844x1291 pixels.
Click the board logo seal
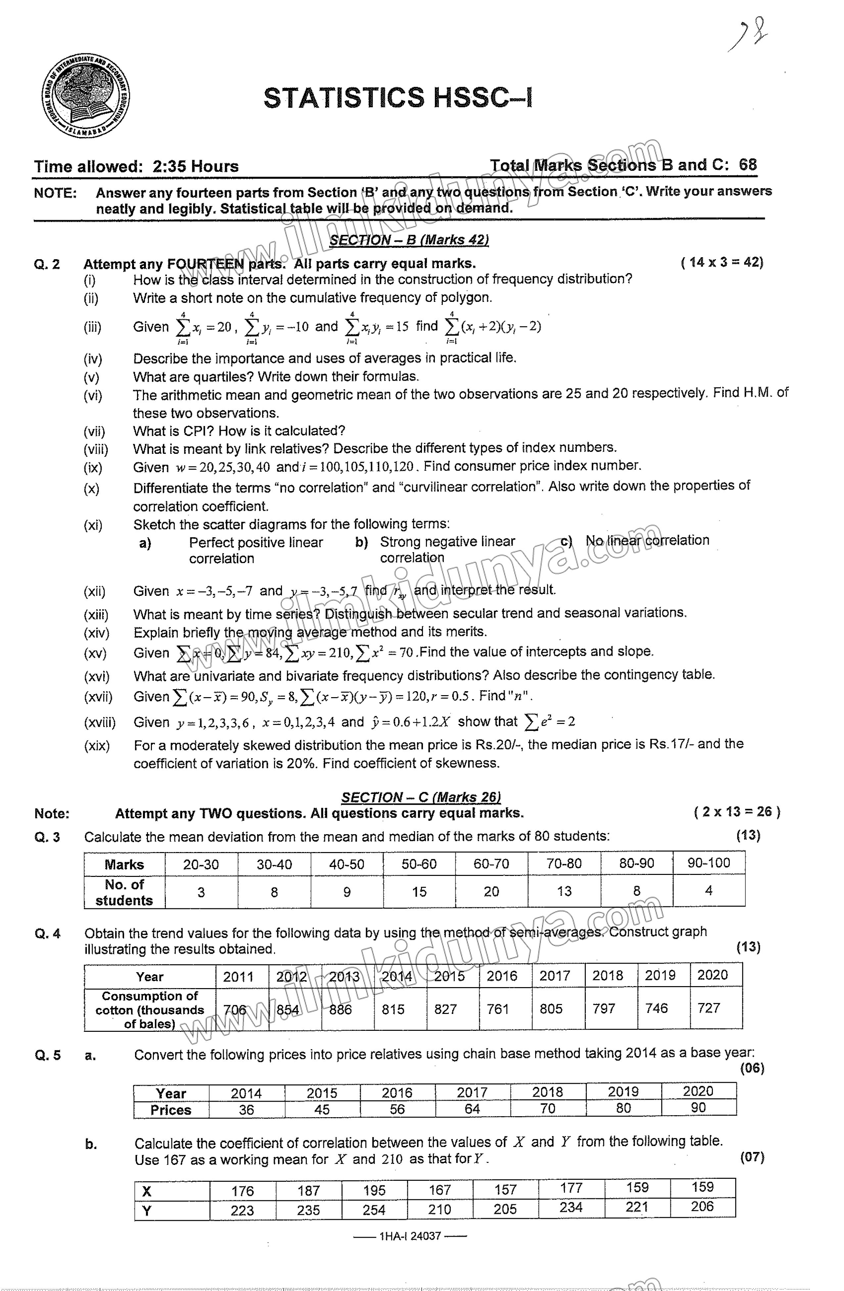[x=86, y=97]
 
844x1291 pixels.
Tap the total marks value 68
[x=747, y=165]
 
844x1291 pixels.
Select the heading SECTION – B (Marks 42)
[x=409, y=240]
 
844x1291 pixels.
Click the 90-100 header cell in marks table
[x=708, y=862]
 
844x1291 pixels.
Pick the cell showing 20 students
[x=491, y=891]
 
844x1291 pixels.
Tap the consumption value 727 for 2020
[x=708, y=1008]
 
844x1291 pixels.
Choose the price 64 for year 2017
[x=472, y=1109]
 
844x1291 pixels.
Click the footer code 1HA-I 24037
[x=410, y=1236]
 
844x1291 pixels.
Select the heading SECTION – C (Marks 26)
[x=421, y=797]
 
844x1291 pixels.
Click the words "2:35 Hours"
[x=195, y=166]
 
